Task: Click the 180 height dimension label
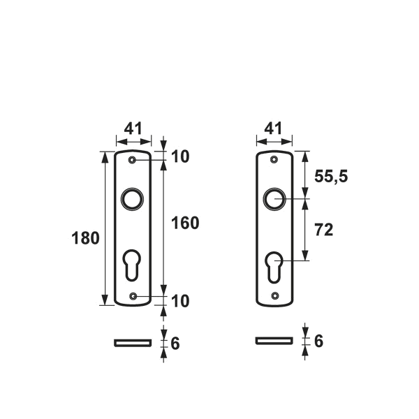(x=85, y=238)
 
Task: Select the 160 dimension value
(x=185, y=223)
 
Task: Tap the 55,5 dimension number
(x=331, y=177)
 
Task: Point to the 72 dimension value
(x=324, y=230)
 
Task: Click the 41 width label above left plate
(x=133, y=128)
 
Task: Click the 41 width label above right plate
(x=273, y=128)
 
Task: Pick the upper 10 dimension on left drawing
(x=180, y=156)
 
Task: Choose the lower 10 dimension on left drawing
(x=180, y=301)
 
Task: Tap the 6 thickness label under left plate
(x=175, y=344)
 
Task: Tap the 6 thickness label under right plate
(x=319, y=341)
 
